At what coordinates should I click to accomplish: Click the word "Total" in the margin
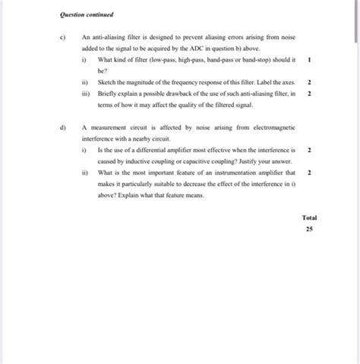(309, 217)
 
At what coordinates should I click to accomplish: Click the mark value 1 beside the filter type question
(309, 59)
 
